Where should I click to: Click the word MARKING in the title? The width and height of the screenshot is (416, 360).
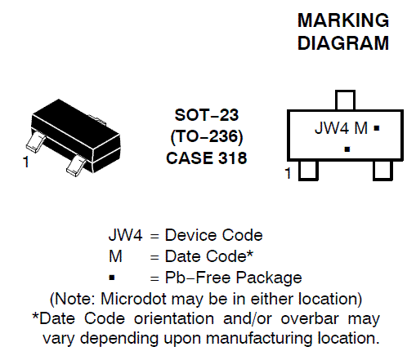click(x=343, y=20)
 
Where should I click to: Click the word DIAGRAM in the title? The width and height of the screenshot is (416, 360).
click(x=343, y=43)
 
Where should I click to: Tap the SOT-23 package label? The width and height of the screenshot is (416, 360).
click(x=207, y=115)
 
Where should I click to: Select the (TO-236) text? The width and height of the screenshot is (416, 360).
click(x=207, y=136)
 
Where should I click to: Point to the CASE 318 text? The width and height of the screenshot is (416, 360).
click(x=207, y=158)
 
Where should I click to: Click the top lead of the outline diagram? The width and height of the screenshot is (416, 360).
click(x=345, y=100)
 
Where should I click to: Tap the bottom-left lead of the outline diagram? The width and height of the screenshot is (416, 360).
click(x=308, y=171)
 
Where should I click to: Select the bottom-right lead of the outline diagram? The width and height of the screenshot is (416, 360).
click(x=382, y=171)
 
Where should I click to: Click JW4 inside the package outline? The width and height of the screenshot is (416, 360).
click(x=332, y=128)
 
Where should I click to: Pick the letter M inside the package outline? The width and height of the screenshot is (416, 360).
click(x=361, y=128)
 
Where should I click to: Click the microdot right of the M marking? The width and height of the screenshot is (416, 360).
click(x=377, y=128)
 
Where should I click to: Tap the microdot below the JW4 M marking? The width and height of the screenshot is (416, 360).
click(x=347, y=149)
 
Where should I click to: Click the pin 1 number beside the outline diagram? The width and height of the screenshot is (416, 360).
click(x=288, y=173)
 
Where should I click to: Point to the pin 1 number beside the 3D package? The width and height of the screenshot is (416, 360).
click(x=26, y=162)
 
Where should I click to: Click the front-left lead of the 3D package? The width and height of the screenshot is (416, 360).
click(x=35, y=141)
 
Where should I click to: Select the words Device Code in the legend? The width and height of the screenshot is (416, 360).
click(x=214, y=235)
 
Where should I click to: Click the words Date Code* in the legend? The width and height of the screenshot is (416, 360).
click(x=209, y=256)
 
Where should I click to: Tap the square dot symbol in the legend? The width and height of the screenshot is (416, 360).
click(x=112, y=278)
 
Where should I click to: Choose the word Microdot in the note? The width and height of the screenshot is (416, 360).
click(x=133, y=299)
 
